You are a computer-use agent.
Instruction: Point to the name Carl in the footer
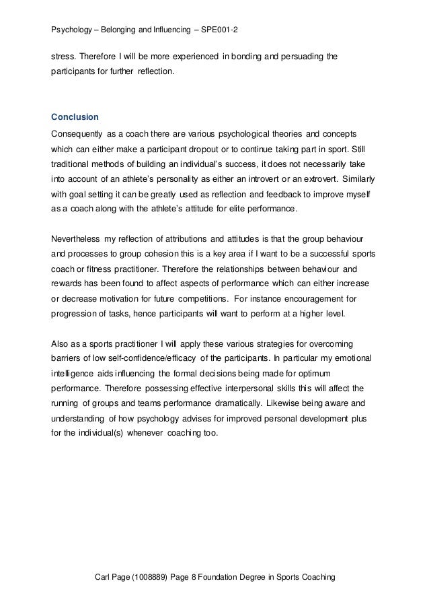(104, 578)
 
